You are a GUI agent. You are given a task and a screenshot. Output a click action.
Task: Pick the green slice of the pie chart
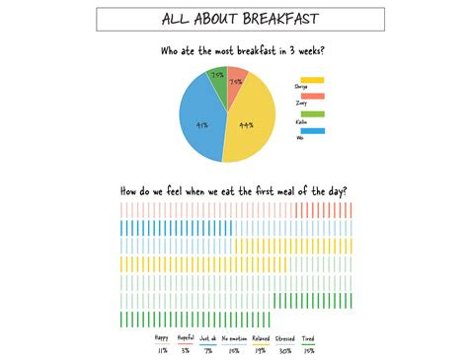coord(218,76)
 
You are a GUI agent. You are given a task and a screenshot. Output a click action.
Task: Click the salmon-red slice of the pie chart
coord(236,78)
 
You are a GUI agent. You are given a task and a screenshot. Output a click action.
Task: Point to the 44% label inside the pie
coord(246,125)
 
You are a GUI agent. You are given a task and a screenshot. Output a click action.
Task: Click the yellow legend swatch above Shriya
coord(312,80)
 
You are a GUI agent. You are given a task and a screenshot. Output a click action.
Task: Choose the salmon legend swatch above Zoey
coord(312,96)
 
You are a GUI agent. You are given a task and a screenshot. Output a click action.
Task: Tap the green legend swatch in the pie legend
coord(312,112)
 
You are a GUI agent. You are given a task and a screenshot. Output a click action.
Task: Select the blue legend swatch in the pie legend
coord(312,130)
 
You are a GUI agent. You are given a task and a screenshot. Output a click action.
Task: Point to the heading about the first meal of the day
coord(233,190)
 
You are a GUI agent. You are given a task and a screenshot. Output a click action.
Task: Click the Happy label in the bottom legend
coord(162,337)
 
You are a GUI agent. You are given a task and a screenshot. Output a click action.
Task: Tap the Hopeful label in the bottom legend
coord(185,337)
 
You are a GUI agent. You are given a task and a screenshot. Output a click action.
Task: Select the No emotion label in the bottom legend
coord(234,337)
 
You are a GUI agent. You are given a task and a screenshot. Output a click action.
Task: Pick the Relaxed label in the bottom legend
coord(261,337)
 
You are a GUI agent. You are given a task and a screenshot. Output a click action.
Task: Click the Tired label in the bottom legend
coord(309,337)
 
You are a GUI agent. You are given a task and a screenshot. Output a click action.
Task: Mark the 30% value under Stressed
coord(285,350)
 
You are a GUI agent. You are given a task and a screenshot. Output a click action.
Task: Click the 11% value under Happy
coord(162,350)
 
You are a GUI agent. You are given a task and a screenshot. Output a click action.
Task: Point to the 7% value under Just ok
coord(208,350)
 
